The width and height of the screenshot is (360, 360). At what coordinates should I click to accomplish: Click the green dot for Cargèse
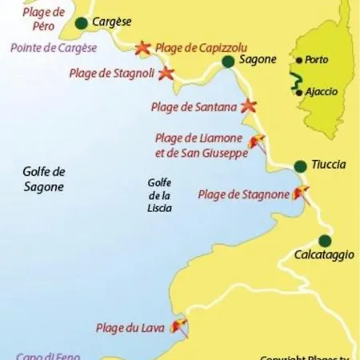click(x=81, y=23)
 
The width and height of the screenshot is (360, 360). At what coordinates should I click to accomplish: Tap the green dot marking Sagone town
click(x=228, y=62)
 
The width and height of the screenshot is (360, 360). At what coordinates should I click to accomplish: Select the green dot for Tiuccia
click(x=300, y=166)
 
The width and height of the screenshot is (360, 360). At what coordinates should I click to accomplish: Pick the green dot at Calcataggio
click(x=325, y=241)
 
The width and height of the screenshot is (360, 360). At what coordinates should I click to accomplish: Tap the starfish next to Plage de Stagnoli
click(x=166, y=74)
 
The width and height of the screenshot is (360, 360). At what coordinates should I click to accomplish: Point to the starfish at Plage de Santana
click(x=249, y=106)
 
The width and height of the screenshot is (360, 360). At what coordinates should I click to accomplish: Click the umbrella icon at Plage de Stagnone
click(x=302, y=193)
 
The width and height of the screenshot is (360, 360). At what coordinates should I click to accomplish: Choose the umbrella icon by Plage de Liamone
click(x=258, y=143)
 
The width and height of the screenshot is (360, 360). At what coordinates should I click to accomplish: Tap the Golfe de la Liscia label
click(x=159, y=194)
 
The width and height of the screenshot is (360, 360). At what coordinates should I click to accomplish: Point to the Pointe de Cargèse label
click(x=54, y=48)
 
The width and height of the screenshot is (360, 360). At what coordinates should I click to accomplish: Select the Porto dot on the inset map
click(x=298, y=60)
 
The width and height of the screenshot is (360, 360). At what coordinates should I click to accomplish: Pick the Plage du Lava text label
click(x=130, y=326)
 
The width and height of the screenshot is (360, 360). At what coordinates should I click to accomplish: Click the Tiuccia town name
click(x=329, y=164)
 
